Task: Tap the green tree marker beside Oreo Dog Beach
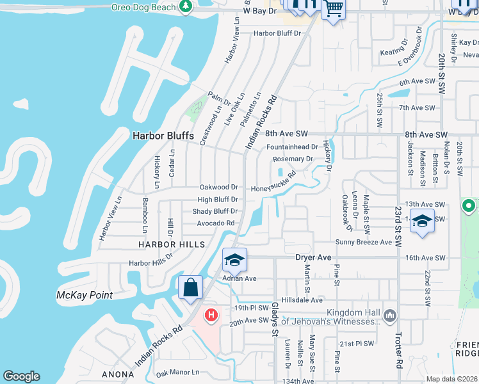[186, 6]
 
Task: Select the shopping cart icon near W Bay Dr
[333, 10]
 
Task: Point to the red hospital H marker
[210, 315]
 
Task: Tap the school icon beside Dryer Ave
[234, 259]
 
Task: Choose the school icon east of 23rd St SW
[422, 221]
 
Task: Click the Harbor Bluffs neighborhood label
[158, 135]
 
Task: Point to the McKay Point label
[85, 295]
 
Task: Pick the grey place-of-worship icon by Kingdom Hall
[389, 316]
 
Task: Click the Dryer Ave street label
[313, 257]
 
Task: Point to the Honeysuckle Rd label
[274, 184]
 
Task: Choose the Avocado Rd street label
[216, 223]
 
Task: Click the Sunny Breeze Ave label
[363, 243]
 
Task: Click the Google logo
[22, 376]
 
